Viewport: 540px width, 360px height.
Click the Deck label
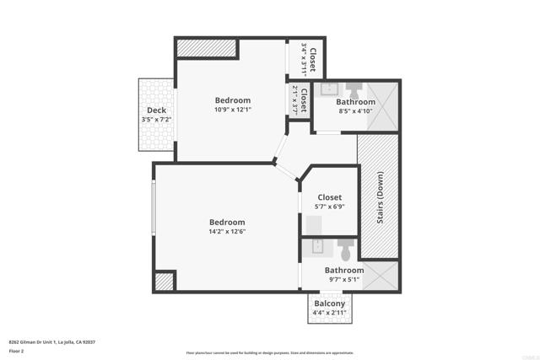click(x=156, y=110)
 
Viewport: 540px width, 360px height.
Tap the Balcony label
click(x=329, y=304)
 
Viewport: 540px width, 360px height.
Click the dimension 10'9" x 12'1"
click(x=232, y=109)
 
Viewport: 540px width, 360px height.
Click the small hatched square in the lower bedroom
click(x=165, y=281)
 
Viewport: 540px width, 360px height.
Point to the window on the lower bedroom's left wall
click(x=154, y=207)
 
